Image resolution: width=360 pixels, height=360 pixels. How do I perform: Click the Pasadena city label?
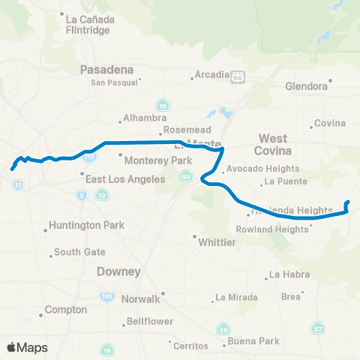tap(107, 70)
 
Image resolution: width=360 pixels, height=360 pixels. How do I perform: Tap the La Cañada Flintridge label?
tap(88, 25)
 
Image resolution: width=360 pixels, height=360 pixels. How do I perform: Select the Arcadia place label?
tap(209, 75)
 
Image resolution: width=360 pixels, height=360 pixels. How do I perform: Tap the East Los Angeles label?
tap(124, 179)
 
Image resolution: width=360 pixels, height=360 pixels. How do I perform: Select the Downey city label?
tap(118, 272)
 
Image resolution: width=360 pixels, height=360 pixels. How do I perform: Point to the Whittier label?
tap(217, 242)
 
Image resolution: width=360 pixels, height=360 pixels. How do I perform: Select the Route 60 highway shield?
tap(185, 176)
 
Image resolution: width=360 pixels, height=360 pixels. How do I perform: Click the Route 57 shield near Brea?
tap(318, 328)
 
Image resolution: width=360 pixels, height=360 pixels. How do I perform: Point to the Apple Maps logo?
tap(28, 347)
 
